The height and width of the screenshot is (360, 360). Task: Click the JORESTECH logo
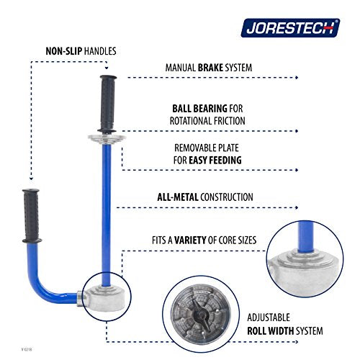(290, 28)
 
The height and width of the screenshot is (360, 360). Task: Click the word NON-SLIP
(64, 51)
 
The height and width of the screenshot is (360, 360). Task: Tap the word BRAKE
(210, 68)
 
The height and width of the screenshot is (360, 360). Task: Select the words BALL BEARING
(199, 109)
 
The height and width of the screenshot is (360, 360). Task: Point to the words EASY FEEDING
(215, 160)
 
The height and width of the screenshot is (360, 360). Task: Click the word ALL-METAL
(178, 197)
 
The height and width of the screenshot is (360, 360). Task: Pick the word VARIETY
(190, 240)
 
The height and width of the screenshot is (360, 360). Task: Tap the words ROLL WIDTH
(270, 331)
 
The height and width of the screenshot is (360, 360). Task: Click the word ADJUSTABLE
(269, 318)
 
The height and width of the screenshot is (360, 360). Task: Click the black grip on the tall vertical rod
(108, 104)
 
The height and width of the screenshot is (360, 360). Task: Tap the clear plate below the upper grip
(107, 138)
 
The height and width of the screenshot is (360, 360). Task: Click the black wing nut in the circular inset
(201, 314)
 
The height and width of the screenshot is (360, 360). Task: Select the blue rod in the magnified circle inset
(305, 237)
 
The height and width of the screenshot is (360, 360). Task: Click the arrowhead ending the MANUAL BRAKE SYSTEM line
(297, 78)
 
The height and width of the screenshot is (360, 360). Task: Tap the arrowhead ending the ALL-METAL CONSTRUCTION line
(297, 207)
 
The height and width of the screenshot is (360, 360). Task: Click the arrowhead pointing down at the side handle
(31, 179)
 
